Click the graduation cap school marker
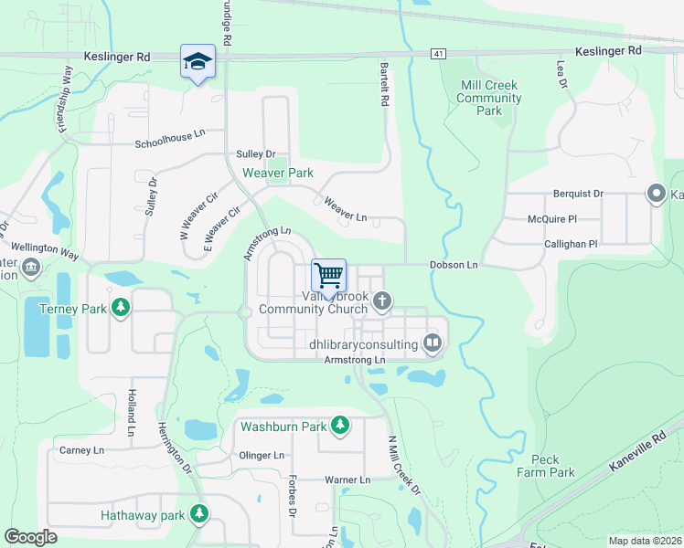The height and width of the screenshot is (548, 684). click(198, 61)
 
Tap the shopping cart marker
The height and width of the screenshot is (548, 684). click(328, 274)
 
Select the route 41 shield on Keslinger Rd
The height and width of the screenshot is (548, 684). click(440, 55)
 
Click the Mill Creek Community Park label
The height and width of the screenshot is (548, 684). click(489, 98)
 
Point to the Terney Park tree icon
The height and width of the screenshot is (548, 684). click(120, 309)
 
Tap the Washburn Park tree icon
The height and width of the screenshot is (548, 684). click(340, 426)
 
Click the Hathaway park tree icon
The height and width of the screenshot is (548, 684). click(198, 515)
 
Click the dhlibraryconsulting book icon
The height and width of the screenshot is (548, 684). click(433, 343)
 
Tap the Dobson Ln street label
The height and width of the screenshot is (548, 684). click(454, 265)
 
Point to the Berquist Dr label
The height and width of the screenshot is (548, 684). click(579, 194)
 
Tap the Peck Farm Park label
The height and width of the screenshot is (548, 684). click(546, 465)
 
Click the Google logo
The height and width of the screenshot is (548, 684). click(31, 537)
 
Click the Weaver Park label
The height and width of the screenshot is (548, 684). click(277, 173)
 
